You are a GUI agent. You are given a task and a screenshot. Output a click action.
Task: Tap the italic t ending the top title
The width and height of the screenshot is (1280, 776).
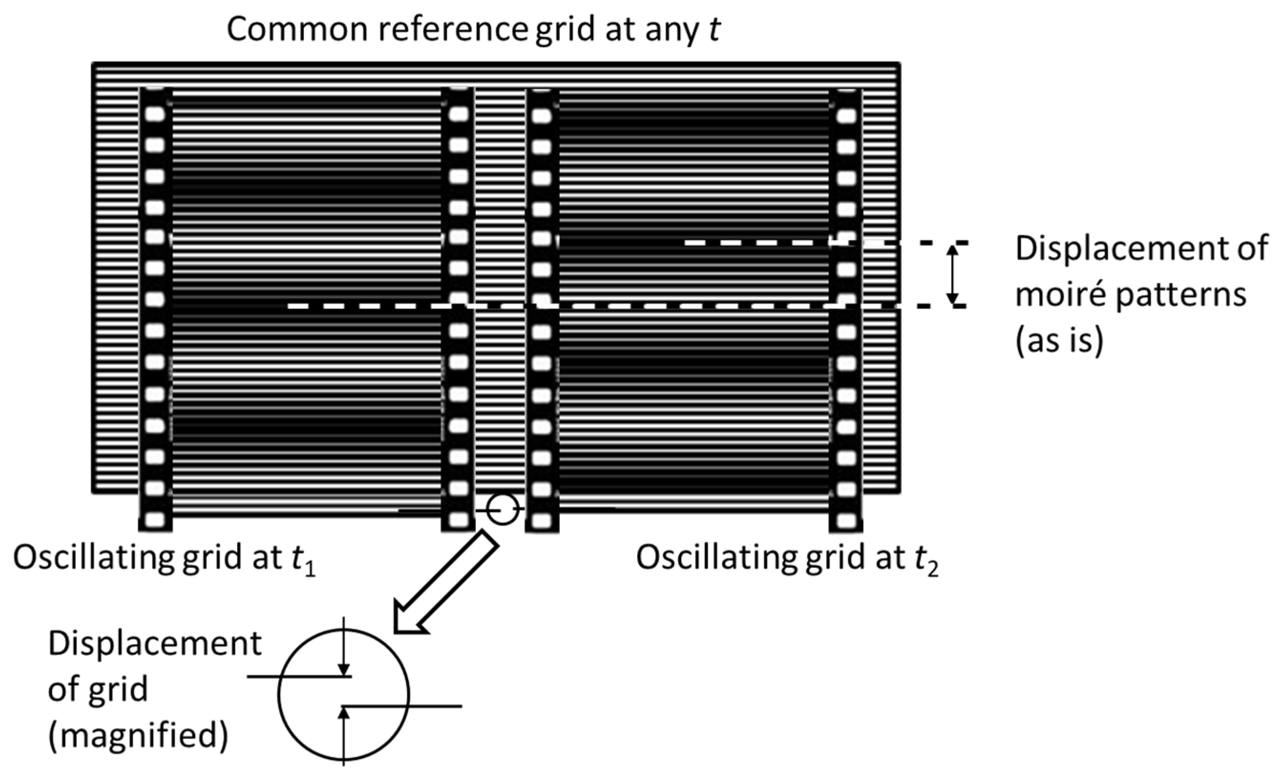point(715,30)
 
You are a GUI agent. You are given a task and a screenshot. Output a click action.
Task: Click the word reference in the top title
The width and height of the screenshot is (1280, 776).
point(452,29)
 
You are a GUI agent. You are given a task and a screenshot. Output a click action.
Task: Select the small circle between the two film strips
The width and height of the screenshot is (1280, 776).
point(503,510)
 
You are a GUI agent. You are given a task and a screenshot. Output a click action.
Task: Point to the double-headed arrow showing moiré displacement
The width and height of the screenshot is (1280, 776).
point(952,275)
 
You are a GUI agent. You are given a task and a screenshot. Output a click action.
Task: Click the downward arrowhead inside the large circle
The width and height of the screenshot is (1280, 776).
point(343,670)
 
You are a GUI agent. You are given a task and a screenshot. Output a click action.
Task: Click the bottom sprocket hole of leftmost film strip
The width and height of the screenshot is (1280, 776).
point(155,519)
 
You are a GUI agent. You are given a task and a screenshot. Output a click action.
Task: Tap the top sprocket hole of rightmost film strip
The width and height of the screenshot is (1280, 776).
point(846,116)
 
